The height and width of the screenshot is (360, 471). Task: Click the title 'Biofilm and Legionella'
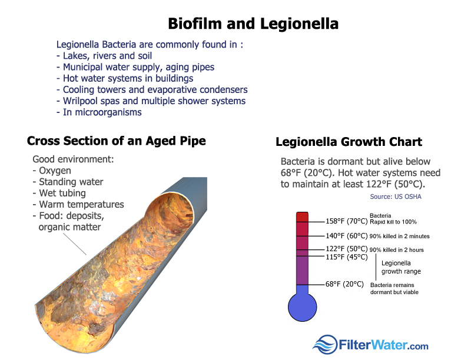coord(253,24)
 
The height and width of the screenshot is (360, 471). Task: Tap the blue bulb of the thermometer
coord(302,307)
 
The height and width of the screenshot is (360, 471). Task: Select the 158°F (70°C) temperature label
coord(347,221)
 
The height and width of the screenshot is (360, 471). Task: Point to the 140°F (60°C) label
coord(347,236)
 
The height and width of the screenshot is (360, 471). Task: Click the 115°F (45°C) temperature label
coord(347,257)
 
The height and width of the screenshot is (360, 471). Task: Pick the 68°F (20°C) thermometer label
coord(344,284)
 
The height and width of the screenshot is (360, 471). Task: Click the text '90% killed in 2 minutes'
coord(400,236)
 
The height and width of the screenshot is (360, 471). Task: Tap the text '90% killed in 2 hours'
coord(396,250)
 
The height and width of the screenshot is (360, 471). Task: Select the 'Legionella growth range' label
coord(401,267)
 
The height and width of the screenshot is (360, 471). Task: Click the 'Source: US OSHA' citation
coord(396,196)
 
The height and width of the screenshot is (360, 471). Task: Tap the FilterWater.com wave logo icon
coord(325,344)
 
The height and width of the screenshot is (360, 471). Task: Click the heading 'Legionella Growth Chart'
coord(349,142)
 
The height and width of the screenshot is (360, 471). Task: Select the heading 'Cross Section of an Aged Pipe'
coord(116,141)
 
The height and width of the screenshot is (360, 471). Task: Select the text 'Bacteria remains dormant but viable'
coord(394,289)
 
